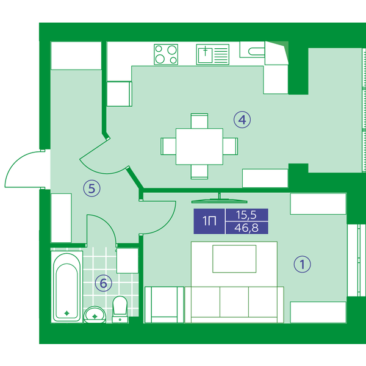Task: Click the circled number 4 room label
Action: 242,120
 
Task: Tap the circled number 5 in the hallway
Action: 91,188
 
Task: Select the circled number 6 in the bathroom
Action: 104,283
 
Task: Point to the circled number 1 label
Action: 302,264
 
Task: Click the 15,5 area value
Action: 246,215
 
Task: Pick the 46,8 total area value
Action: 246,228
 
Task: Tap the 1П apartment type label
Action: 209,221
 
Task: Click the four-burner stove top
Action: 166,54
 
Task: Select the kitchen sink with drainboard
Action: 213,54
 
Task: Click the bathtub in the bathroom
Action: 66,287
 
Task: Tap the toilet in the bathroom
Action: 120,309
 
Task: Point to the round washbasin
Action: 95,315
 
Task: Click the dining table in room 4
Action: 199,146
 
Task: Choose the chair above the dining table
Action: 199,121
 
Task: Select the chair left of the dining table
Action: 168,146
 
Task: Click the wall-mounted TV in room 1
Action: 219,199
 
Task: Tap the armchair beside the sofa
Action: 164,305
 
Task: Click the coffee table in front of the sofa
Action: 234,259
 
